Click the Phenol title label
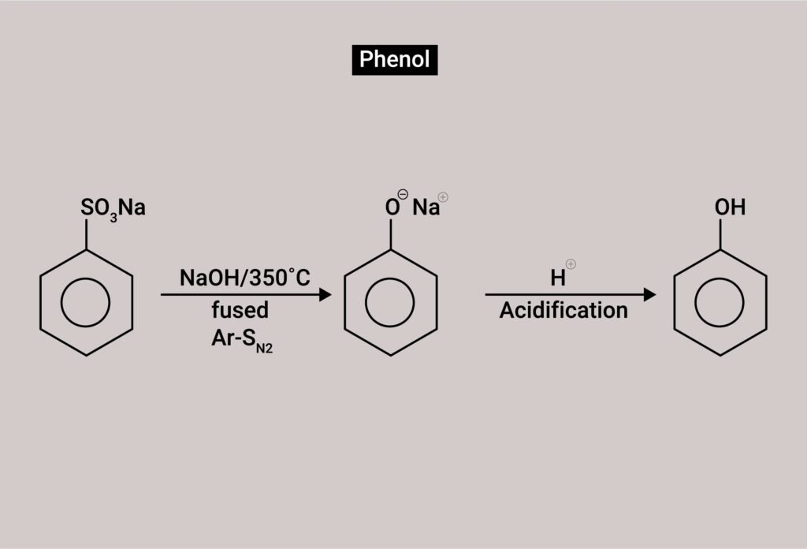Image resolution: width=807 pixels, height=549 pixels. tap(394, 59)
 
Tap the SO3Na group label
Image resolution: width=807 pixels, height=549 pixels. tap(113, 210)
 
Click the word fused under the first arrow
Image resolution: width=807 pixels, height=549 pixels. tap(240, 309)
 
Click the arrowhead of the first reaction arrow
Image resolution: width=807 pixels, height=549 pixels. tap(324, 295)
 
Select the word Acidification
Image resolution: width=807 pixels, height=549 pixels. tap(563, 310)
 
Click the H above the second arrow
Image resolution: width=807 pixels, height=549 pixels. tap(558, 278)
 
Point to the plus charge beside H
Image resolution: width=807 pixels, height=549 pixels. tap(571, 265)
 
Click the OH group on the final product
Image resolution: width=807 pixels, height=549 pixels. tap(730, 208)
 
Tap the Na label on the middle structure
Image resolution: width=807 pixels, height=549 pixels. tap(426, 208)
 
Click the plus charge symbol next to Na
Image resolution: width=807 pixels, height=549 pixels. tap(443, 197)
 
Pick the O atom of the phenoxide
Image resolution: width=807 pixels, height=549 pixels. tap(392, 209)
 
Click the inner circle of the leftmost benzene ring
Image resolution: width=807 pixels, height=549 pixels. tap(86, 303)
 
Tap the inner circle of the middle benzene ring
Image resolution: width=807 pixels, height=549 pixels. tap(390, 303)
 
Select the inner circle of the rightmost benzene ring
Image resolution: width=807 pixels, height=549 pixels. tap(720, 303)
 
